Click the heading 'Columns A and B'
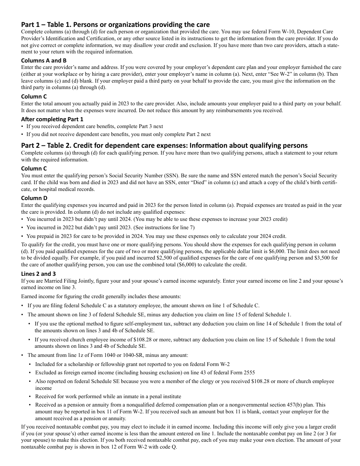click(x=44, y=61)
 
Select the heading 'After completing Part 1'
click(x=52, y=119)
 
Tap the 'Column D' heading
click(x=34, y=198)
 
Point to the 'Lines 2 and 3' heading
click(x=39, y=274)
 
